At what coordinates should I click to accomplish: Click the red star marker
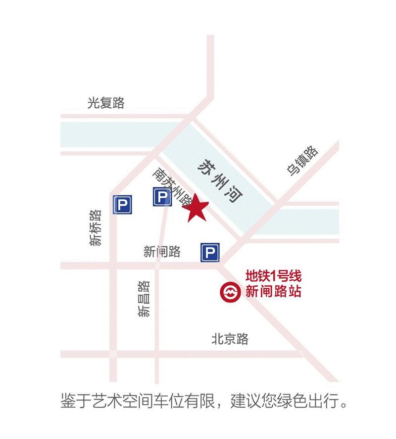pos(197,208)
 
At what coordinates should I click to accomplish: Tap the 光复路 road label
pos(106,103)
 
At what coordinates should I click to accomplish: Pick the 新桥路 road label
pos(96,227)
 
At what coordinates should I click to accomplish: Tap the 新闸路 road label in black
pos(162,252)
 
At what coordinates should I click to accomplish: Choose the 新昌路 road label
pos(144,299)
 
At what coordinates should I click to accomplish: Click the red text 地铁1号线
pos(274,276)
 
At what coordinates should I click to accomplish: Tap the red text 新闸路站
pos(274,292)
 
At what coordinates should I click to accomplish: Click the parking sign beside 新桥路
pos(123,204)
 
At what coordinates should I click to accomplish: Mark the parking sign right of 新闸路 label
pos(209,253)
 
